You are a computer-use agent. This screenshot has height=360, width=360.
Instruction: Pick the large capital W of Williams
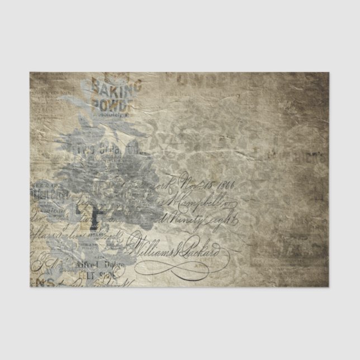pos(140,243)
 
